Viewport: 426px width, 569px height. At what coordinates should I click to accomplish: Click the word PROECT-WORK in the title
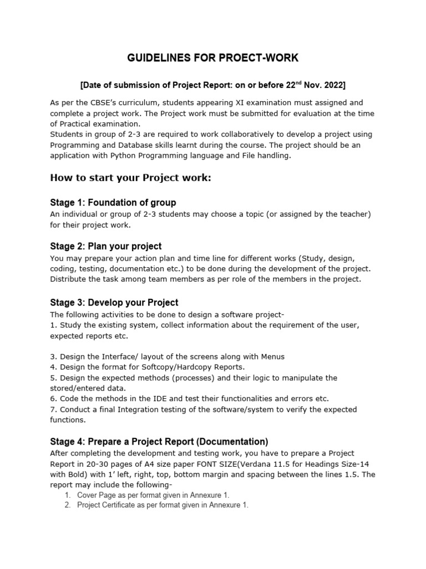[262, 58]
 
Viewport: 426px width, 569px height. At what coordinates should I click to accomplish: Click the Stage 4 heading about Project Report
[159, 442]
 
